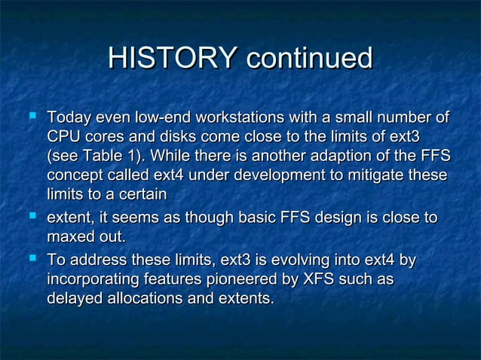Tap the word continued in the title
pos(309,59)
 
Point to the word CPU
pos(63,138)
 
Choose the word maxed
pos(72,237)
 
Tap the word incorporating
pos(94,280)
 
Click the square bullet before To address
pos(31,261)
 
